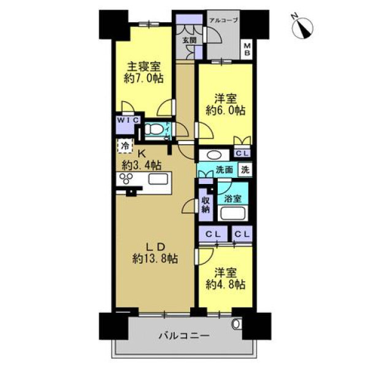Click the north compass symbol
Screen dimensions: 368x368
coord(302,28)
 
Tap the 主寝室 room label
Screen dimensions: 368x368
coord(144,67)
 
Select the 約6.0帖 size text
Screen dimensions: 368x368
coord(226,110)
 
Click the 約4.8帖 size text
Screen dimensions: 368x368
coord(226,285)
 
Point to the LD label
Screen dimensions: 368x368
coord(156,247)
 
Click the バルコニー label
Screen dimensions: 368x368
coord(184,336)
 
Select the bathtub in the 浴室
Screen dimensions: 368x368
coord(232,213)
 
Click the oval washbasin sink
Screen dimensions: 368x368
coord(214,155)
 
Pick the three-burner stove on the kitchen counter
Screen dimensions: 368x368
coord(126,178)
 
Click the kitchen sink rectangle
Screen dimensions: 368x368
coord(158,180)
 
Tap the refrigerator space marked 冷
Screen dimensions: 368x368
coord(125,146)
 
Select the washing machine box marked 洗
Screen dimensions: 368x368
coord(245,169)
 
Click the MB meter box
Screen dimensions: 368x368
coord(247,49)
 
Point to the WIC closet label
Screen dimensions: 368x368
coord(128,120)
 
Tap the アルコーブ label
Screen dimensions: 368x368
coord(223,20)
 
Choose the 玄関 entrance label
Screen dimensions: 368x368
coord(190,40)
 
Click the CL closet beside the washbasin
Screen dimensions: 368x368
coord(242,153)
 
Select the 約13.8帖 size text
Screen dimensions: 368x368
coord(155,259)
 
